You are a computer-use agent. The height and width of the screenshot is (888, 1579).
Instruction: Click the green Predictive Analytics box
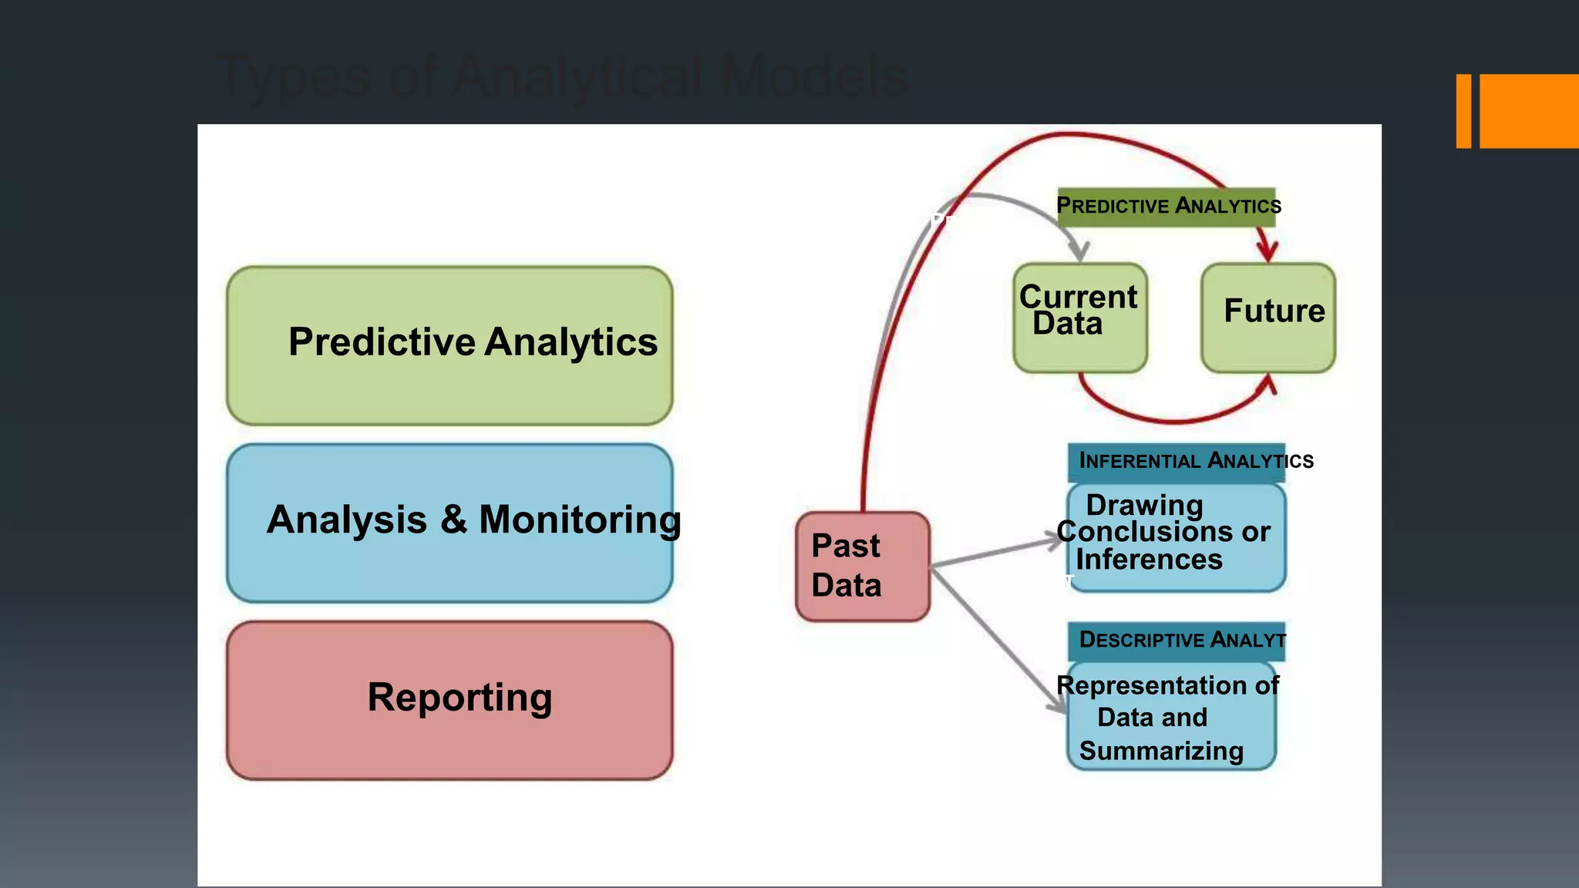coord(449,345)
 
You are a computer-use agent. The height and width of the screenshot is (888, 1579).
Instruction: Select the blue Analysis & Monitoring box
coord(449,523)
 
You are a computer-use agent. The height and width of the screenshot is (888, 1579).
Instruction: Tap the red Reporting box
coord(449,700)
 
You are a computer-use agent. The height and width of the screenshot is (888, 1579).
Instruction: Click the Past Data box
coord(862,566)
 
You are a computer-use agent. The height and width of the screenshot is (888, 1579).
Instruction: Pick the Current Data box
coord(1079,318)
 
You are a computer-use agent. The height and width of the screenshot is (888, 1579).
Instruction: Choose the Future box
coord(1268,318)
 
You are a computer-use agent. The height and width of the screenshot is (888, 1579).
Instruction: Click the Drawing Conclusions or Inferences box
coord(1177,537)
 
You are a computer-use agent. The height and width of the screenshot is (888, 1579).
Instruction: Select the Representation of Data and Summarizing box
coord(1170,717)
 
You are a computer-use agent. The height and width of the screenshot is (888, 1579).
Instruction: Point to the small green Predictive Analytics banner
coord(1166,206)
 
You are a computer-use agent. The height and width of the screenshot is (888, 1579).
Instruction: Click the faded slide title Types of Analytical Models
coord(563,77)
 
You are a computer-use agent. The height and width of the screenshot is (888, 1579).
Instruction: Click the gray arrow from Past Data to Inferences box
coord(995,553)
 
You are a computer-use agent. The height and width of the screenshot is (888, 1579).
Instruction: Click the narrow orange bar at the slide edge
coord(1463,111)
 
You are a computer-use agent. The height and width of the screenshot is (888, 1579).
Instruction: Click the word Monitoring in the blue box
coord(580,520)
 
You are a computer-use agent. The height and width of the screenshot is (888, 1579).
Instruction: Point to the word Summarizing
coord(1161,751)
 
